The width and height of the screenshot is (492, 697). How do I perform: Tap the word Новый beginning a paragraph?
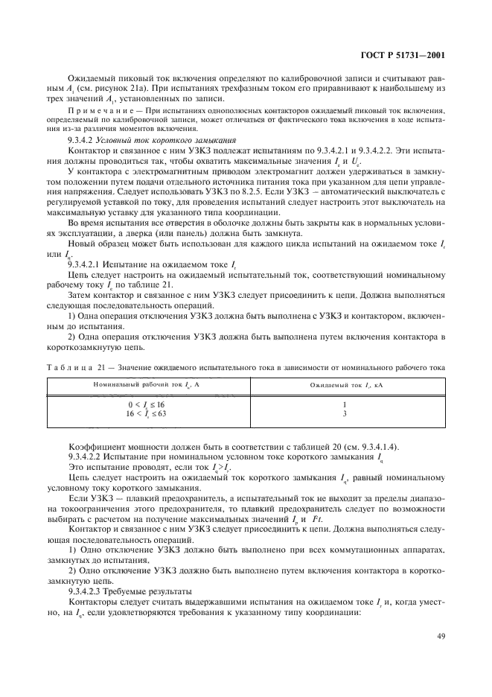(x=83, y=245)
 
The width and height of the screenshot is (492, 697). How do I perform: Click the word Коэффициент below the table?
(x=95, y=445)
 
